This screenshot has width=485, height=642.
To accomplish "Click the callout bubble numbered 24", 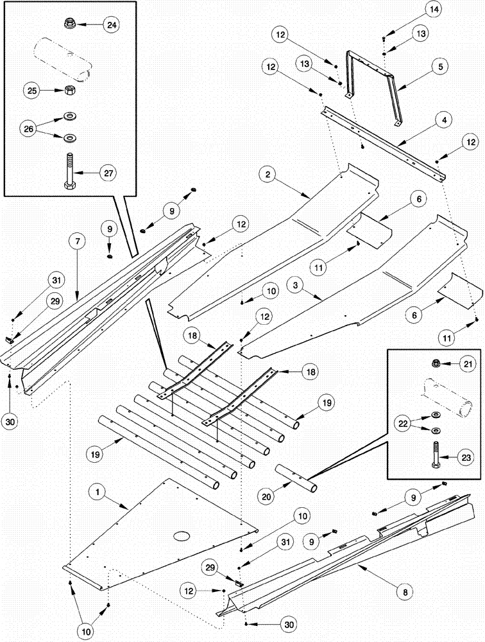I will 112,26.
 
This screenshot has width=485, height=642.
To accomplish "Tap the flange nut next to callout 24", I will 71,24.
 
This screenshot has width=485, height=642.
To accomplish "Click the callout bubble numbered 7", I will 76,242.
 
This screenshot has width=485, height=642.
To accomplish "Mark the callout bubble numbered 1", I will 98,492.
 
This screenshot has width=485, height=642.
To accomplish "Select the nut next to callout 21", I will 435,364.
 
